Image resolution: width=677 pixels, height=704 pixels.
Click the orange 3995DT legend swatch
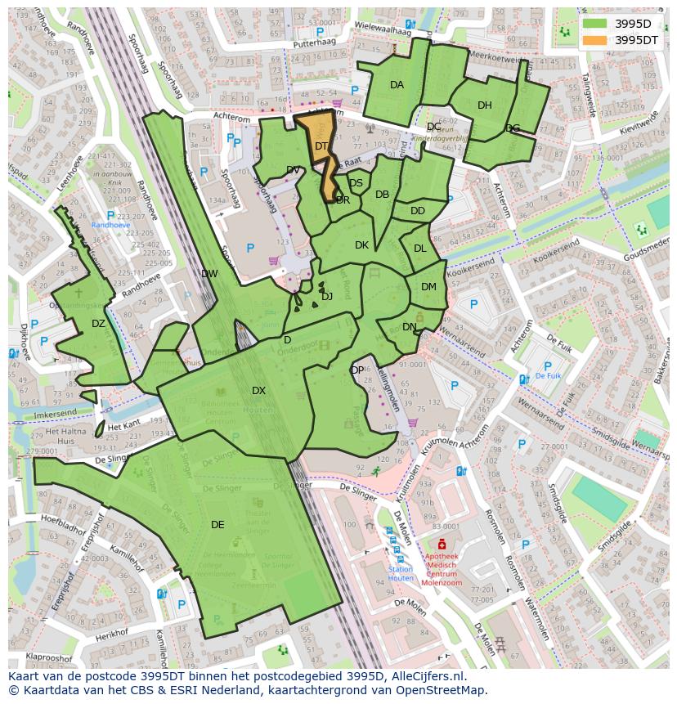point(595,39)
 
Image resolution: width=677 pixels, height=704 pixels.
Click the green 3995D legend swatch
point(595,23)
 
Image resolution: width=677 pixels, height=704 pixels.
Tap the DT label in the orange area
point(321,146)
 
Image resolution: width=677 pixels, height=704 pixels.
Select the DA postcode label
point(397,85)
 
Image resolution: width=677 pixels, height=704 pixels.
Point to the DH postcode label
point(485,105)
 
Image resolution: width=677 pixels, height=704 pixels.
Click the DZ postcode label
point(98,324)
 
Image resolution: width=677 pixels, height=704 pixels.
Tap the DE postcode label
point(217,525)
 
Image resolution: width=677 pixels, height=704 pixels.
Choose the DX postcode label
point(258,391)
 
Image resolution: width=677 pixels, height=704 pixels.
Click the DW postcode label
point(209,274)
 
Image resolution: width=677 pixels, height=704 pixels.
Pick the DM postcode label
point(428,287)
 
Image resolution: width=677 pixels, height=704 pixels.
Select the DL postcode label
point(419,249)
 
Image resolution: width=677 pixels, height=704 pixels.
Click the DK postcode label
point(361,245)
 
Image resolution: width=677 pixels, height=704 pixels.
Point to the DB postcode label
point(382,195)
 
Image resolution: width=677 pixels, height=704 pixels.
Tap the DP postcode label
point(357,370)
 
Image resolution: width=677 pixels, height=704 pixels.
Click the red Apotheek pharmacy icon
point(442,545)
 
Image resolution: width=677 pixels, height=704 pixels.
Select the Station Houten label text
point(400,573)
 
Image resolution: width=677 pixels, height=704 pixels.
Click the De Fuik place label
point(548,377)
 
